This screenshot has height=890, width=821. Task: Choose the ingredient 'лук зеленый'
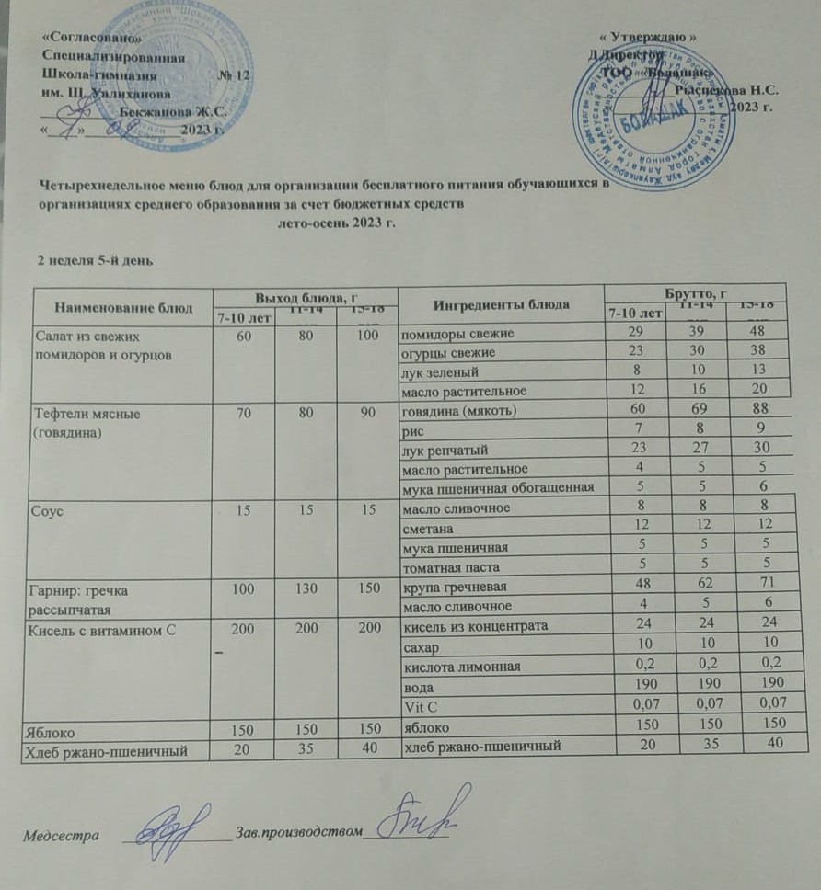[x=438, y=373]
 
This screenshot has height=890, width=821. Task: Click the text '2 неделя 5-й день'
[x=87, y=260]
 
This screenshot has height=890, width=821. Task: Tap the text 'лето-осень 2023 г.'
[x=336, y=223]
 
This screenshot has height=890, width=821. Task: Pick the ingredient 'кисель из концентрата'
[x=470, y=627]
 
